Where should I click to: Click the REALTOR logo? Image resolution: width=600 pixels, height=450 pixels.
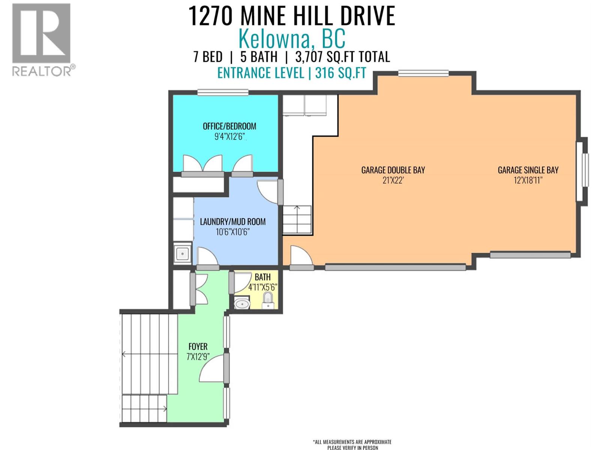[41, 39]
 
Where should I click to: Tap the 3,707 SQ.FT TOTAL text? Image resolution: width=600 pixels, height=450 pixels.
[342, 57]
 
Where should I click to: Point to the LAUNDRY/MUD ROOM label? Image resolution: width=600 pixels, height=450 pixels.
[232, 222]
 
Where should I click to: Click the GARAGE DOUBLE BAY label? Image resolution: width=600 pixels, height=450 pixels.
[393, 170]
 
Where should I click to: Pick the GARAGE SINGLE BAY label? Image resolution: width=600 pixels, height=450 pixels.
[528, 170]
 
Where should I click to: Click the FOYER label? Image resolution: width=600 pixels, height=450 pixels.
[198, 347]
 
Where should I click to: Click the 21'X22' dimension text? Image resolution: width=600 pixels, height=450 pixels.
[393, 180]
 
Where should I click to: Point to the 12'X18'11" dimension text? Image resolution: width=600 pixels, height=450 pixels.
[528, 180]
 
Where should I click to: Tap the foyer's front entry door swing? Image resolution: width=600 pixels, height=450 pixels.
[212, 369]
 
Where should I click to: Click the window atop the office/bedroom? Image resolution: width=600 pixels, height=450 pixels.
[223, 92]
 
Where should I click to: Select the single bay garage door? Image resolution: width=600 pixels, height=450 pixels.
[530, 255]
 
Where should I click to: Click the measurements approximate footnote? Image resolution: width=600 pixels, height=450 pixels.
[352, 445]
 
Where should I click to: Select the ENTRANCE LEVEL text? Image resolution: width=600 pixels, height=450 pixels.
[261, 73]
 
